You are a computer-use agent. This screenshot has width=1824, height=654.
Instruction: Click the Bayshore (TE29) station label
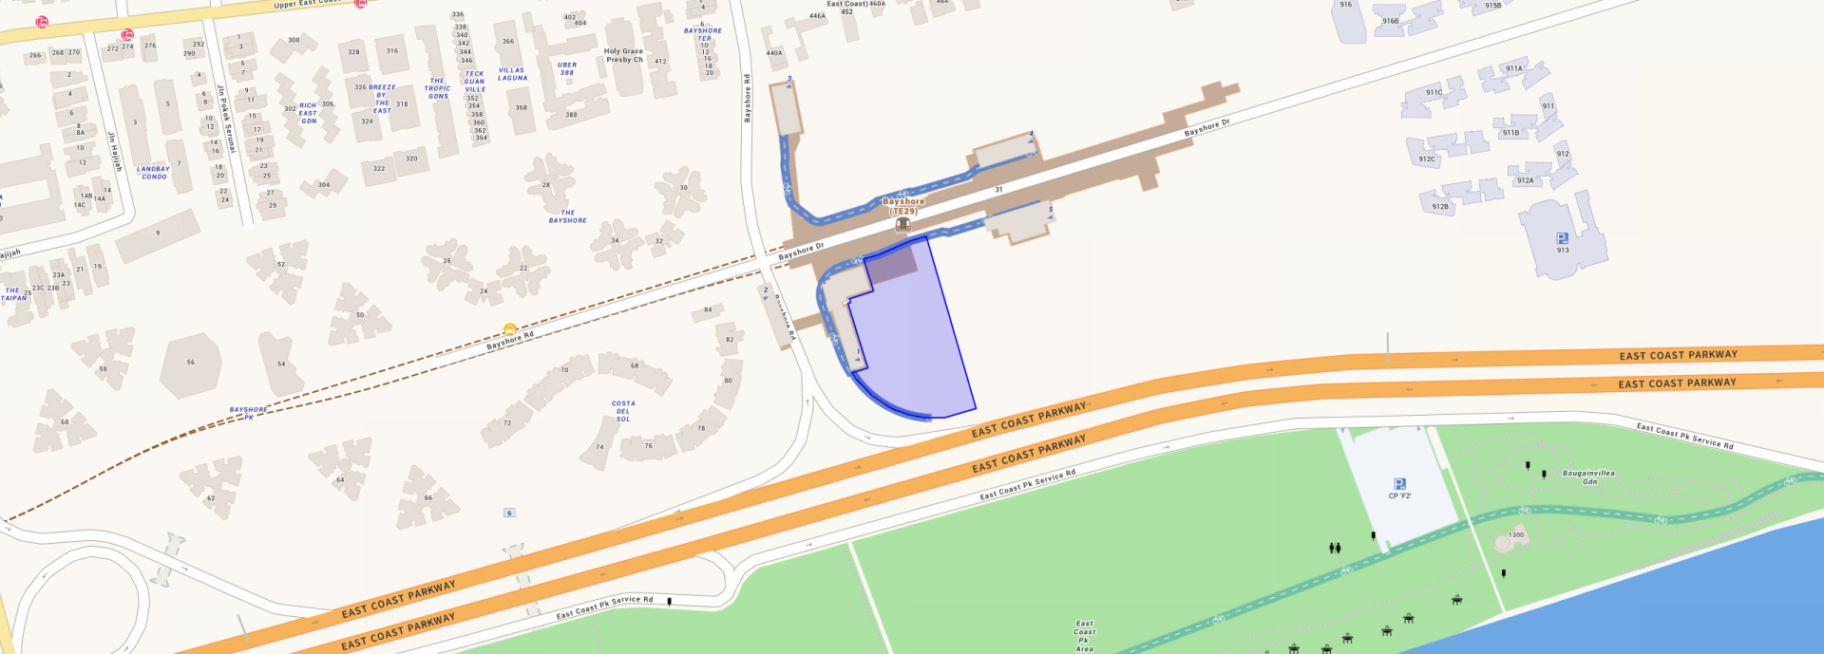902,206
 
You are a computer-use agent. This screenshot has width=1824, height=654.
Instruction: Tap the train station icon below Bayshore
902,225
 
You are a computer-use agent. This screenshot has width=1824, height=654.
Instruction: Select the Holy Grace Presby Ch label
624,56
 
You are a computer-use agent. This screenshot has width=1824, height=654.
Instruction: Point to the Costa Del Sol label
623,411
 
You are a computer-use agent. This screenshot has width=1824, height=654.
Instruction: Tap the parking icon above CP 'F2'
1399,484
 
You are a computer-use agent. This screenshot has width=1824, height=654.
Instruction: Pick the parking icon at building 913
1562,238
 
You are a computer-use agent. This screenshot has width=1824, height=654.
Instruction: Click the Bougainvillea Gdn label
1588,476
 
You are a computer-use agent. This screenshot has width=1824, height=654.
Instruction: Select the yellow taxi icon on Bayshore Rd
510,328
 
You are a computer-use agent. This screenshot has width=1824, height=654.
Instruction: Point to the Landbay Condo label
153,173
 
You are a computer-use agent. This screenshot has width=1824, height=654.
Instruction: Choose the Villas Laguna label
512,74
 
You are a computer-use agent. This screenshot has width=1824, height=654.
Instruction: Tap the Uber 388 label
567,68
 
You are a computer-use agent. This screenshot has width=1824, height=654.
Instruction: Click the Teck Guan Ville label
475,82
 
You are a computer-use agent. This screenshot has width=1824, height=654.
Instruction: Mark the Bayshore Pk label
248,413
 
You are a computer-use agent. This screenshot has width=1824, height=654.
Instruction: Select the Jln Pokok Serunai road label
226,119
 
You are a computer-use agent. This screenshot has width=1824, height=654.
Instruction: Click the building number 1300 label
1515,535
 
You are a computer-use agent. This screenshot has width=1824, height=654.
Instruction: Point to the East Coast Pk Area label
1084,636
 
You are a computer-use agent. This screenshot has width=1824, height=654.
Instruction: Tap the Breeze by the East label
382,99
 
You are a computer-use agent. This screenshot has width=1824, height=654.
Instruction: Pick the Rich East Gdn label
308,113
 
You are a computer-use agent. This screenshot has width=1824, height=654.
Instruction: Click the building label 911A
1513,68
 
